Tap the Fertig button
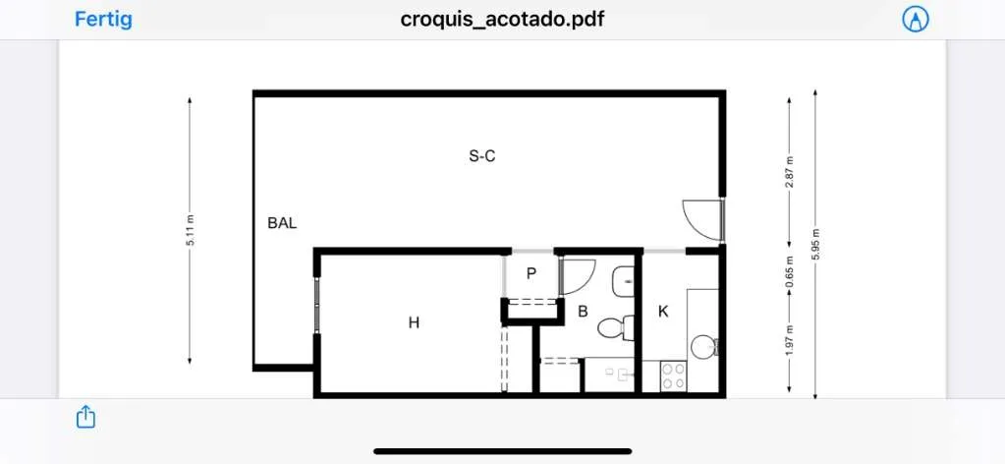103,19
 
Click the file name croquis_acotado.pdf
502,20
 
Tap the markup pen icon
916,20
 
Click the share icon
85,417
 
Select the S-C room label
482,156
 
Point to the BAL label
282,223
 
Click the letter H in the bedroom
414,322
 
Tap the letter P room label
530,273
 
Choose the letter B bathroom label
583,312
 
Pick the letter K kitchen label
663,312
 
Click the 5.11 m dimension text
191,231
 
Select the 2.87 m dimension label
790,172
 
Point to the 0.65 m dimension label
790,271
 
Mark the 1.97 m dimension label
790,339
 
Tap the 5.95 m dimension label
815,244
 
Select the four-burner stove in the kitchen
673,377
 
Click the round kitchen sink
700,347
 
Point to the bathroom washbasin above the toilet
623,282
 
